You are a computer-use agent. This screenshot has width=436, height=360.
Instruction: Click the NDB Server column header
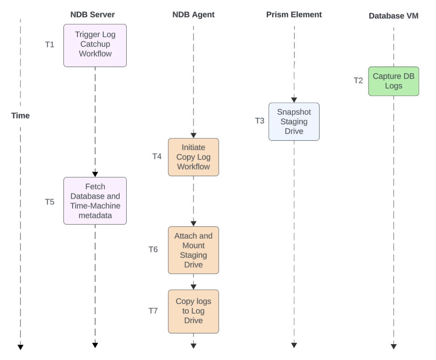point(92,14)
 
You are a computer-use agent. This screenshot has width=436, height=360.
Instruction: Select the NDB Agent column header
point(193,14)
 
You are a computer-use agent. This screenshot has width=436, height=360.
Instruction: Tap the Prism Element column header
point(294,14)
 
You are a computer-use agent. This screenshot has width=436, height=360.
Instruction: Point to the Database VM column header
point(394,16)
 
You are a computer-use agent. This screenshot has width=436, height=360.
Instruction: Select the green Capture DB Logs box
point(394,81)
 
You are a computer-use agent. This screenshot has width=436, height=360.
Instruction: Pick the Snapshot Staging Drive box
point(294,121)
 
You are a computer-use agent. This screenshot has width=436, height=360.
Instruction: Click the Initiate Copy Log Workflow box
point(193,157)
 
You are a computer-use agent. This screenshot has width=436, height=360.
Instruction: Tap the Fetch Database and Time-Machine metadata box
point(95,201)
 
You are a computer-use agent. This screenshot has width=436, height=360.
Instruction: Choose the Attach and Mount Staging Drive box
point(193,250)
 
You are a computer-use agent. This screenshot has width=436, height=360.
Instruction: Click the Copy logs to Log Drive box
point(193,311)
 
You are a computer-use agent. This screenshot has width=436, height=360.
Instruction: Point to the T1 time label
point(49,45)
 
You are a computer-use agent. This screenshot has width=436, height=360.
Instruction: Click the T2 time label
point(358,80)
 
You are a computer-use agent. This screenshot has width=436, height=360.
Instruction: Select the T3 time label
point(259,121)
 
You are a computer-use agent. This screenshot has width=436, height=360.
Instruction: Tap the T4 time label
point(157,156)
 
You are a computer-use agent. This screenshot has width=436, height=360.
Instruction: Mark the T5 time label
point(49,202)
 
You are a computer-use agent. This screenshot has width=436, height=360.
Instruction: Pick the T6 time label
point(153,249)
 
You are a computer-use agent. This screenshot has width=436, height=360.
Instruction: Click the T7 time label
point(153,311)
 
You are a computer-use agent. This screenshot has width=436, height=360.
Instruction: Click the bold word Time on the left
point(20,116)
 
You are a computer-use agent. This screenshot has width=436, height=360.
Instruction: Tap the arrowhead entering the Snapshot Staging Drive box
point(294,100)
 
